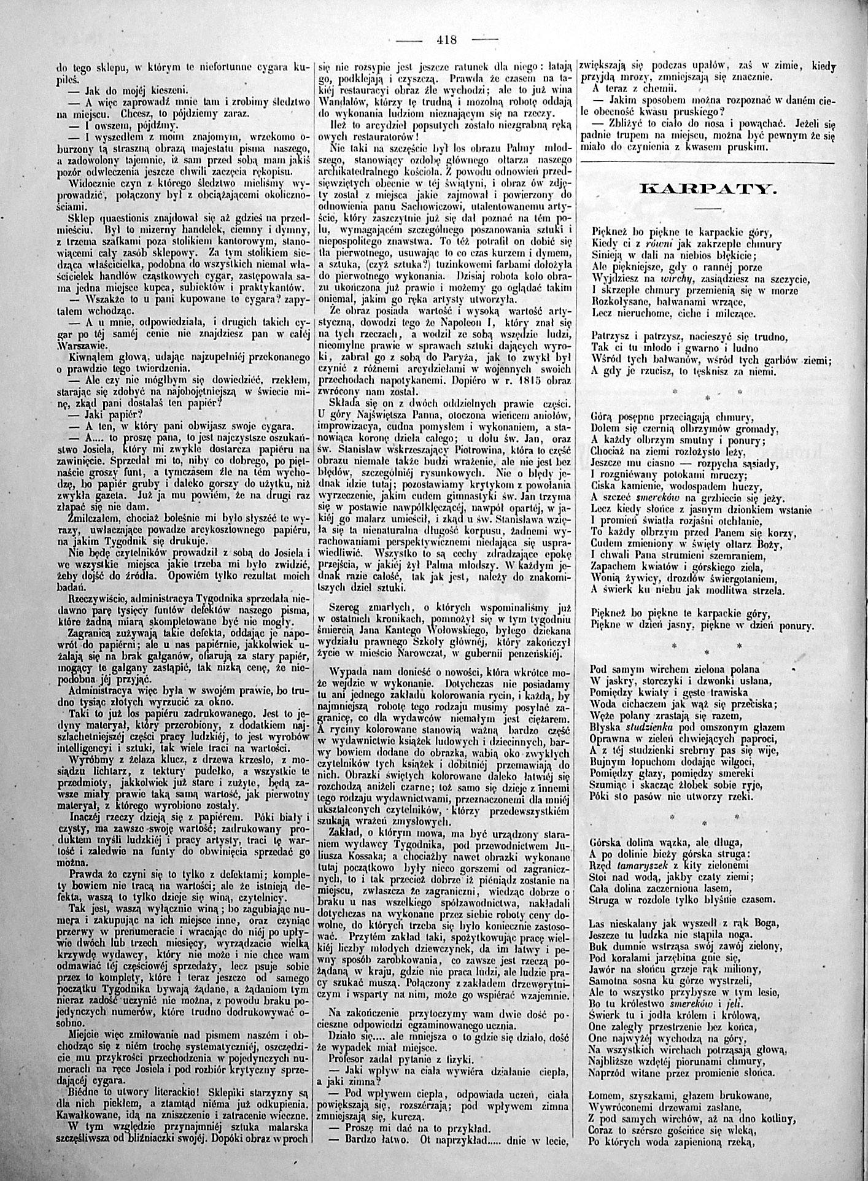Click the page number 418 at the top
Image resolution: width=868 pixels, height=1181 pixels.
(x=447, y=41)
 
